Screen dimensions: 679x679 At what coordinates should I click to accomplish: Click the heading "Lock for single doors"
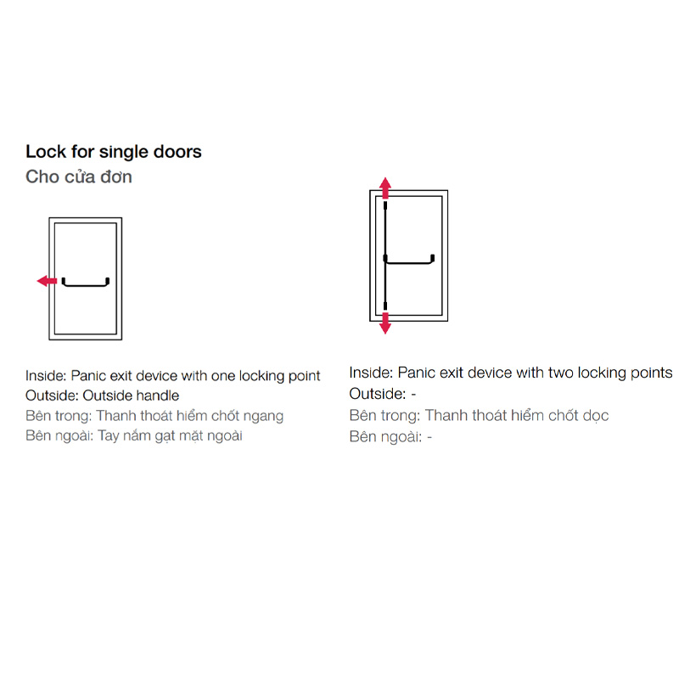(x=114, y=152)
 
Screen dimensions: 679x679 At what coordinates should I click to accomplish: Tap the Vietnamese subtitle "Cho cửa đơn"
(x=79, y=177)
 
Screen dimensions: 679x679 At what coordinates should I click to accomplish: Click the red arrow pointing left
(x=48, y=281)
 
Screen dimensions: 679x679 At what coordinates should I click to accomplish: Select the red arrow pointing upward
(x=385, y=188)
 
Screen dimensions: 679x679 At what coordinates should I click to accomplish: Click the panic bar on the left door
(x=86, y=285)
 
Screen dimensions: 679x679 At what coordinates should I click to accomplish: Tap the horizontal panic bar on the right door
(x=410, y=262)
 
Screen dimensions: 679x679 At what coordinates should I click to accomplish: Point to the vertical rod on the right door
(x=385, y=255)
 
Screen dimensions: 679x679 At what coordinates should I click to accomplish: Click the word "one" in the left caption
(x=223, y=376)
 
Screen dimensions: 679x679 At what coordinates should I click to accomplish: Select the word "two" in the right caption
(x=561, y=373)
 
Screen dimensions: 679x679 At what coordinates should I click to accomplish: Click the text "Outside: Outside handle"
(x=102, y=396)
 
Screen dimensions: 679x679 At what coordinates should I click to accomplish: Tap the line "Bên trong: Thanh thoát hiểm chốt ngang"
(x=154, y=416)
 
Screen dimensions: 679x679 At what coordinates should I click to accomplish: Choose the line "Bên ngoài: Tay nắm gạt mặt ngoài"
(x=134, y=435)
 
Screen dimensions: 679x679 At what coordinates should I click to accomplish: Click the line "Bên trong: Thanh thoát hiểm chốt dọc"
(x=479, y=415)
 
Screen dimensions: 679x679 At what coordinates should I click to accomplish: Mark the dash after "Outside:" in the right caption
(x=413, y=395)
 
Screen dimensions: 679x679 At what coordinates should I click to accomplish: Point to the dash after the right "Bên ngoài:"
(x=429, y=437)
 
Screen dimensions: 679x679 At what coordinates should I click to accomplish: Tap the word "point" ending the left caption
(x=305, y=376)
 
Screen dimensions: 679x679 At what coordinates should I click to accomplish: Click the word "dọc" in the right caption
(x=596, y=416)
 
